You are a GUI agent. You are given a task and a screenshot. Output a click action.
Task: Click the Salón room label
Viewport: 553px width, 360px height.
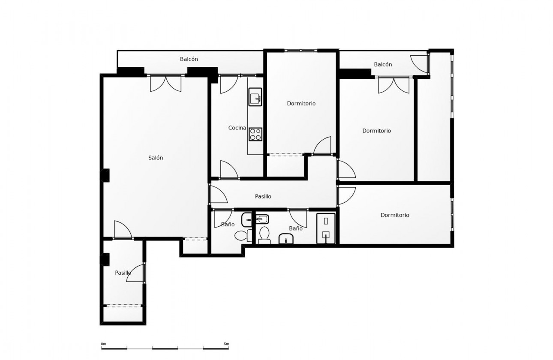point(156,158)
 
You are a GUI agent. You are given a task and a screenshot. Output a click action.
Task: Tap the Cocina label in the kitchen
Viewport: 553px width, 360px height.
point(237,128)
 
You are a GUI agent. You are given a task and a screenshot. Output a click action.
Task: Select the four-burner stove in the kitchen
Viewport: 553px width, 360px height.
point(255,134)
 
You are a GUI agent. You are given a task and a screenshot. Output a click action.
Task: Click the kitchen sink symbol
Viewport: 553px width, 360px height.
point(255,97)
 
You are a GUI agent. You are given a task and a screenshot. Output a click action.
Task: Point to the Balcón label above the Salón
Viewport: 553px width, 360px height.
point(189,59)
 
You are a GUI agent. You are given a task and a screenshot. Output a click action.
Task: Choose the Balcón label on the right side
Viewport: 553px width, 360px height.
point(383,64)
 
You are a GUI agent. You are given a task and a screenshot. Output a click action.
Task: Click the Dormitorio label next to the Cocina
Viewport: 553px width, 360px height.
point(301,103)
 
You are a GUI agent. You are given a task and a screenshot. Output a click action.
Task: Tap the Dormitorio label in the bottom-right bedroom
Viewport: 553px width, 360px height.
point(395,215)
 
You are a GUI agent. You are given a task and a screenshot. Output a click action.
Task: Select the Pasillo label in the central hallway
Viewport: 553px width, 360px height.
point(263,196)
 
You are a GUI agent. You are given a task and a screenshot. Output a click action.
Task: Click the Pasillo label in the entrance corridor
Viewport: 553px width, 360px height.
point(123,273)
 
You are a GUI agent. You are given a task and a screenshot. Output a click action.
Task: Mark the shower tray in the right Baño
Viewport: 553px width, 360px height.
point(326,228)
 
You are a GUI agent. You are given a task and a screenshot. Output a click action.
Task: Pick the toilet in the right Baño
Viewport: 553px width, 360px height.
point(264,235)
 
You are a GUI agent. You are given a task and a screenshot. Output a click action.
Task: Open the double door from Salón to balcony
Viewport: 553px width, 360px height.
point(165,83)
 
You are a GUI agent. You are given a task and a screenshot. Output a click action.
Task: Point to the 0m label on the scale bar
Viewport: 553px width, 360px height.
point(103,344)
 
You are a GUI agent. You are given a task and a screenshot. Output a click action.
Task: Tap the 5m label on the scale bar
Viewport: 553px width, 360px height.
point(226,344)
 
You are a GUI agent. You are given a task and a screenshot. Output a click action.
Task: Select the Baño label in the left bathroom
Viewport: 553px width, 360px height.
point(228,225)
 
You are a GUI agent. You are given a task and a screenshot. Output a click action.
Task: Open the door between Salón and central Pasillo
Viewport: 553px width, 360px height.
point(218,194)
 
